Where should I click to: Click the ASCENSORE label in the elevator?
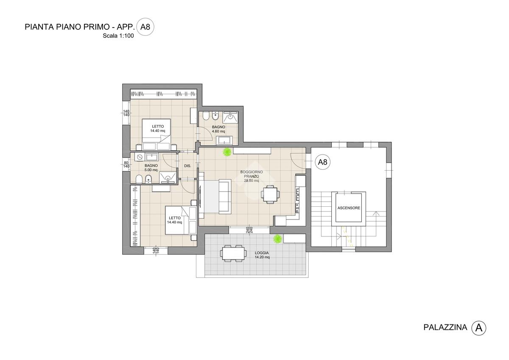(x=349, y=208)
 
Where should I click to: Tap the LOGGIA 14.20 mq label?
(x=262, y=255)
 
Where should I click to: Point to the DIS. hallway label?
(x=187, y=166)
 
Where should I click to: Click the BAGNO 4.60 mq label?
(x=218, y=129)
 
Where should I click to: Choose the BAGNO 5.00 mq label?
(x=151, y=168)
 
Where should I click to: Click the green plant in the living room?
(x=227, y=152)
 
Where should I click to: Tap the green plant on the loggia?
(x=277, y=239)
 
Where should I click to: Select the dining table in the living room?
(x=270, y=194)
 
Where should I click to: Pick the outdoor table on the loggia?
(x=233, y=253)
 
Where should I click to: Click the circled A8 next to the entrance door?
(x=322, y=162)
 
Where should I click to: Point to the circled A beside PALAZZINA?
(x=478, y=328)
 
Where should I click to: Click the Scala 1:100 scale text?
(x=118, y=36)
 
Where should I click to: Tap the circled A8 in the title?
(x=145, y=27)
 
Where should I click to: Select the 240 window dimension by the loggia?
(x=249, y=230)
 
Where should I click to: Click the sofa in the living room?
(x=225, y=197)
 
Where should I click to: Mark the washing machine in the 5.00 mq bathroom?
(x=140, y=157)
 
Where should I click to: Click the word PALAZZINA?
(x=445, y=327)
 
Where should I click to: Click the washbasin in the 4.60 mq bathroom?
(x=224, y=141)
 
